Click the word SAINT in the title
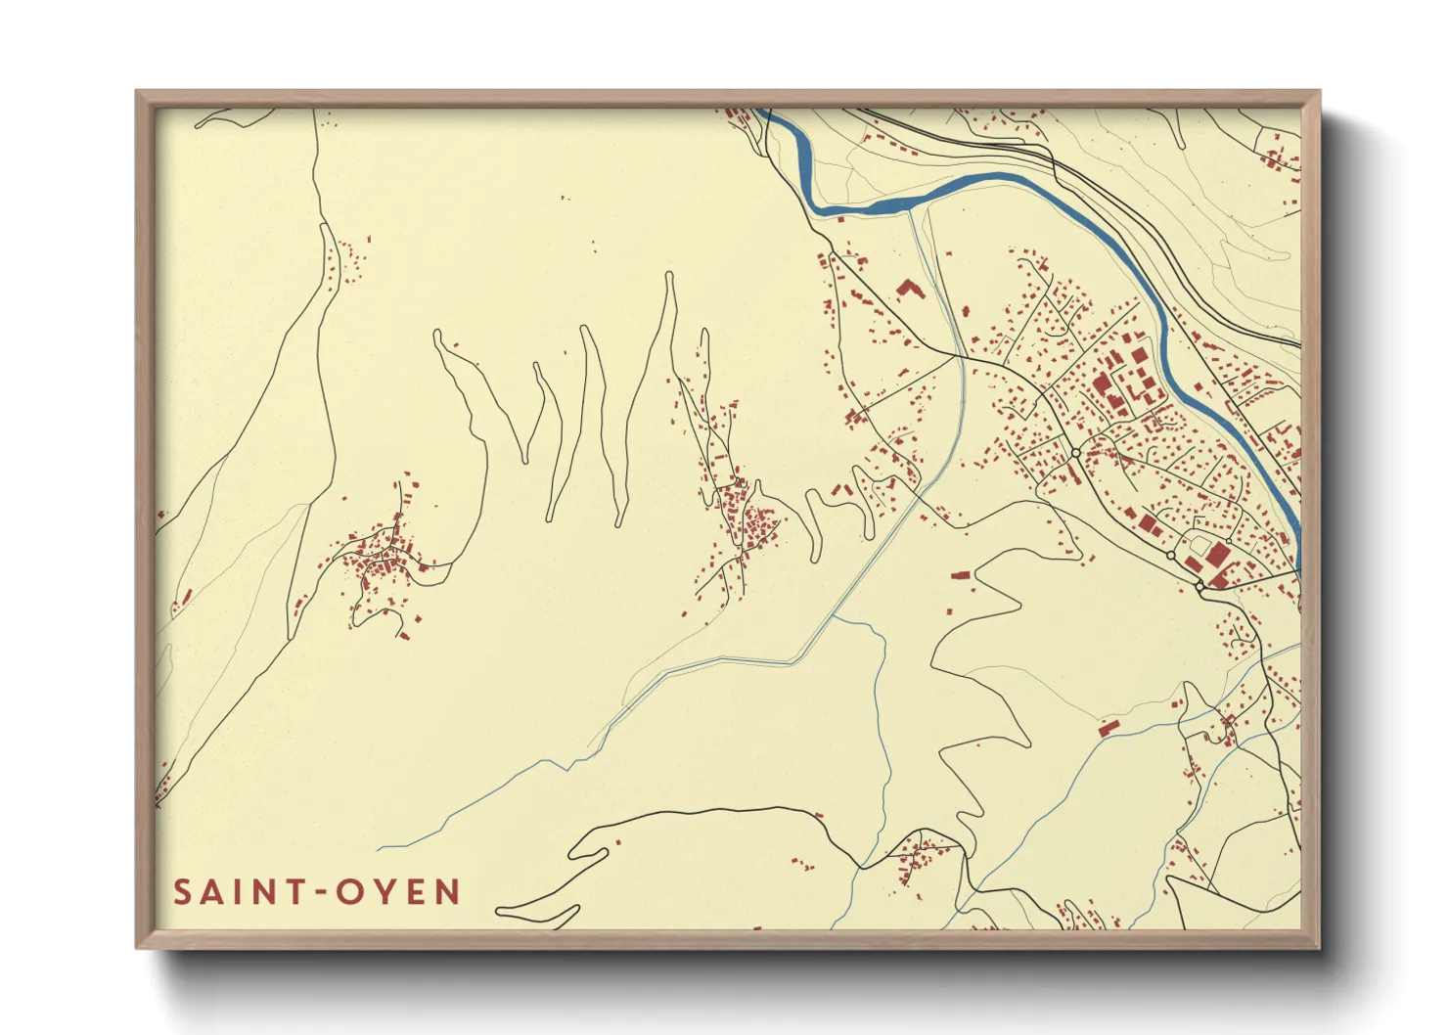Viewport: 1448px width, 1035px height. [234, 892]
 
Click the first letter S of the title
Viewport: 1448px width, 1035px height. [182, 892]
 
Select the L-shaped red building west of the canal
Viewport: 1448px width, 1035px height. [910, 289]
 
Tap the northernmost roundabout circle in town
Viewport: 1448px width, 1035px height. [1075, 453]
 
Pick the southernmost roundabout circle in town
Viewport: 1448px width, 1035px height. [1199, 585]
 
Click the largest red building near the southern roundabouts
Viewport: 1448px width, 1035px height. [1217, 556]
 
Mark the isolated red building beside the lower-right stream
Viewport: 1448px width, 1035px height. [1109, 727]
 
